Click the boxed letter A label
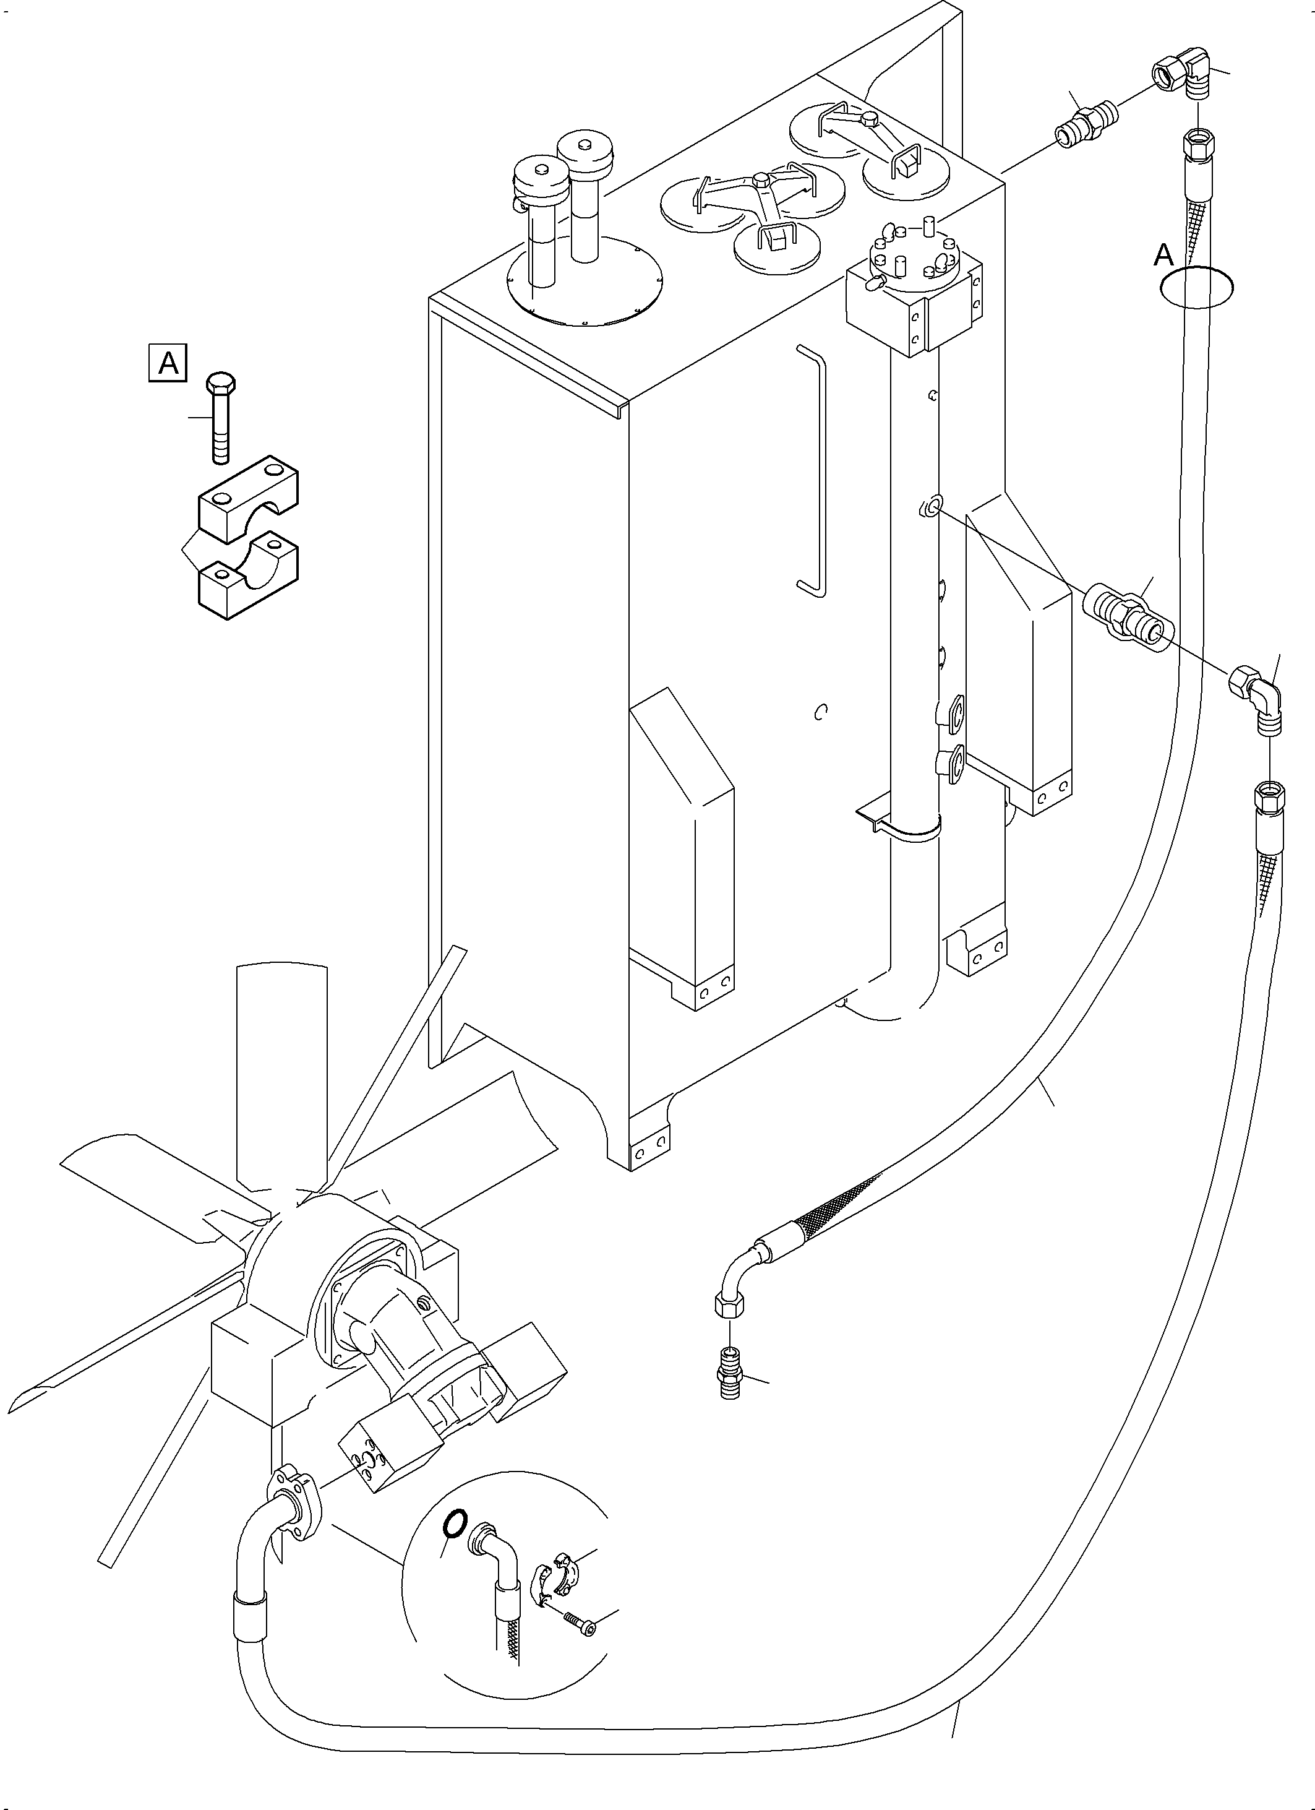coord(168,363)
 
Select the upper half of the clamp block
coord(248,499)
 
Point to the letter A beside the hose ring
coord(1164,256)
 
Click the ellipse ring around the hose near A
coord(1197,287)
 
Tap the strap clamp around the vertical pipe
coord(910,830)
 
